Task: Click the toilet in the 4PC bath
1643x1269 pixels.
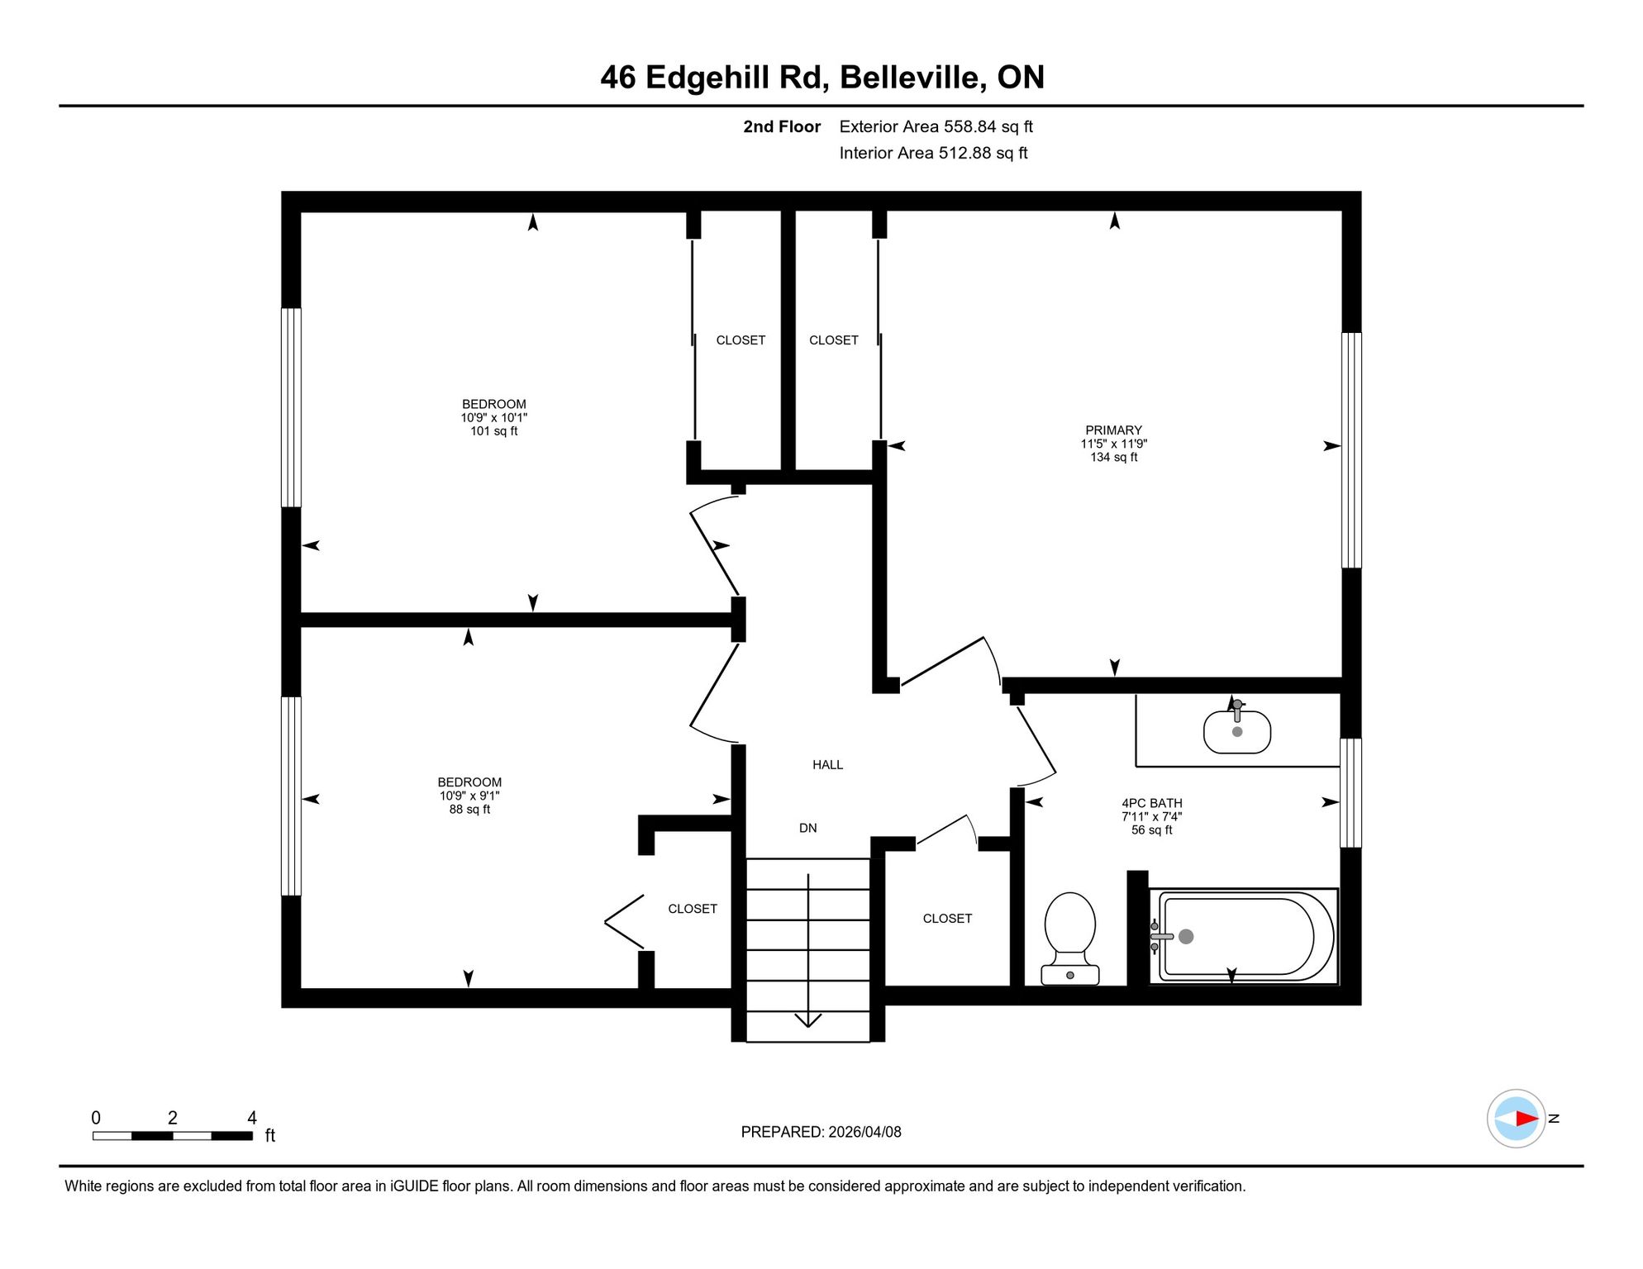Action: point(1070,939)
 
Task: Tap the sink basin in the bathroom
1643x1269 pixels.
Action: point(1236,732)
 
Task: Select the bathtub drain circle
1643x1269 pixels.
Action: point(1186,936)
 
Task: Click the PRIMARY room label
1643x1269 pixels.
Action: point(1113,430)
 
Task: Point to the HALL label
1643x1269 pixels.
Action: point(827,765)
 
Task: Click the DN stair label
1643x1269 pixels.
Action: point(807,828)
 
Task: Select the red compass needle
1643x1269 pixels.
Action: point(1526,1119)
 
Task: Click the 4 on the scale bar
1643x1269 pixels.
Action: point(252,1118)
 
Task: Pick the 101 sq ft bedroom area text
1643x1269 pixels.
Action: point(494,431)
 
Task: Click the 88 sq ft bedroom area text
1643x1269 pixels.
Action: point(469,810)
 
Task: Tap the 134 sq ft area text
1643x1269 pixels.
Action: point(1113,458)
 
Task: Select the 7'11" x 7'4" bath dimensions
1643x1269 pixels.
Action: point(1151,816)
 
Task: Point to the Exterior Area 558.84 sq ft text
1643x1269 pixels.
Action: point(936,126)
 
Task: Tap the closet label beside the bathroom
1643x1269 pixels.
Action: point(947,919)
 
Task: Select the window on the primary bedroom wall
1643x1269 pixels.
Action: point(1350,450)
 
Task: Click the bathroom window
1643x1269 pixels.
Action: point(1350,793)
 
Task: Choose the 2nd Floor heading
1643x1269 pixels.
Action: point(781,126)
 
